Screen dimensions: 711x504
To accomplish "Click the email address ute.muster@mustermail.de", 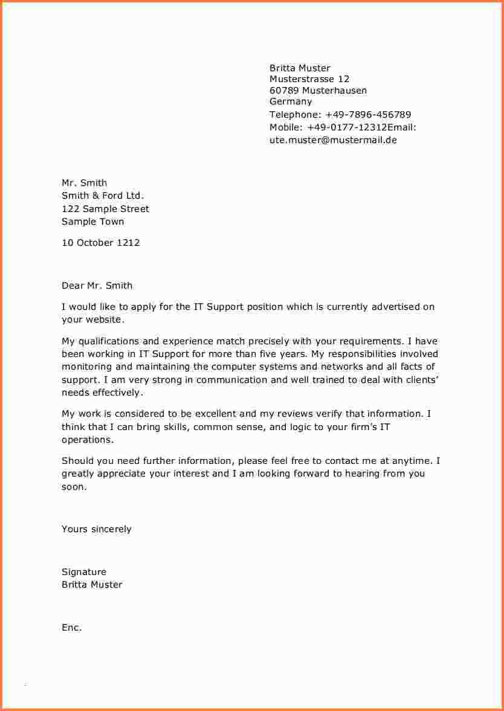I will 333,140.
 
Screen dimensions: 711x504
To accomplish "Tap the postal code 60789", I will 284,91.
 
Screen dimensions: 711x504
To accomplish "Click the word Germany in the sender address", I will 291,101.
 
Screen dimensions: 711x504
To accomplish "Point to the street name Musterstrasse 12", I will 309,79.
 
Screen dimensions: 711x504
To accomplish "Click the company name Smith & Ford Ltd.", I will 103,196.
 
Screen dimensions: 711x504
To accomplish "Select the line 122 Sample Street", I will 105,209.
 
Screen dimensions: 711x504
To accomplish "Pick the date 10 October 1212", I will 100,243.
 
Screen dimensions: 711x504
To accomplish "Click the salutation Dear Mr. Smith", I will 97,286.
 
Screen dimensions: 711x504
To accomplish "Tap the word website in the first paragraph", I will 103,320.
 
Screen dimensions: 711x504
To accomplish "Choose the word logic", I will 288,427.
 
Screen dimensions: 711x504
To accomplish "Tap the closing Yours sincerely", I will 96,529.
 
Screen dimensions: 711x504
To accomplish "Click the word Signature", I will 83,572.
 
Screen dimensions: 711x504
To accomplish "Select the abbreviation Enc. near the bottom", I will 71,628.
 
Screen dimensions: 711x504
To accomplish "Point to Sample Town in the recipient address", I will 92,222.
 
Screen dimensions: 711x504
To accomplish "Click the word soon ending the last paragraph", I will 73,487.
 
